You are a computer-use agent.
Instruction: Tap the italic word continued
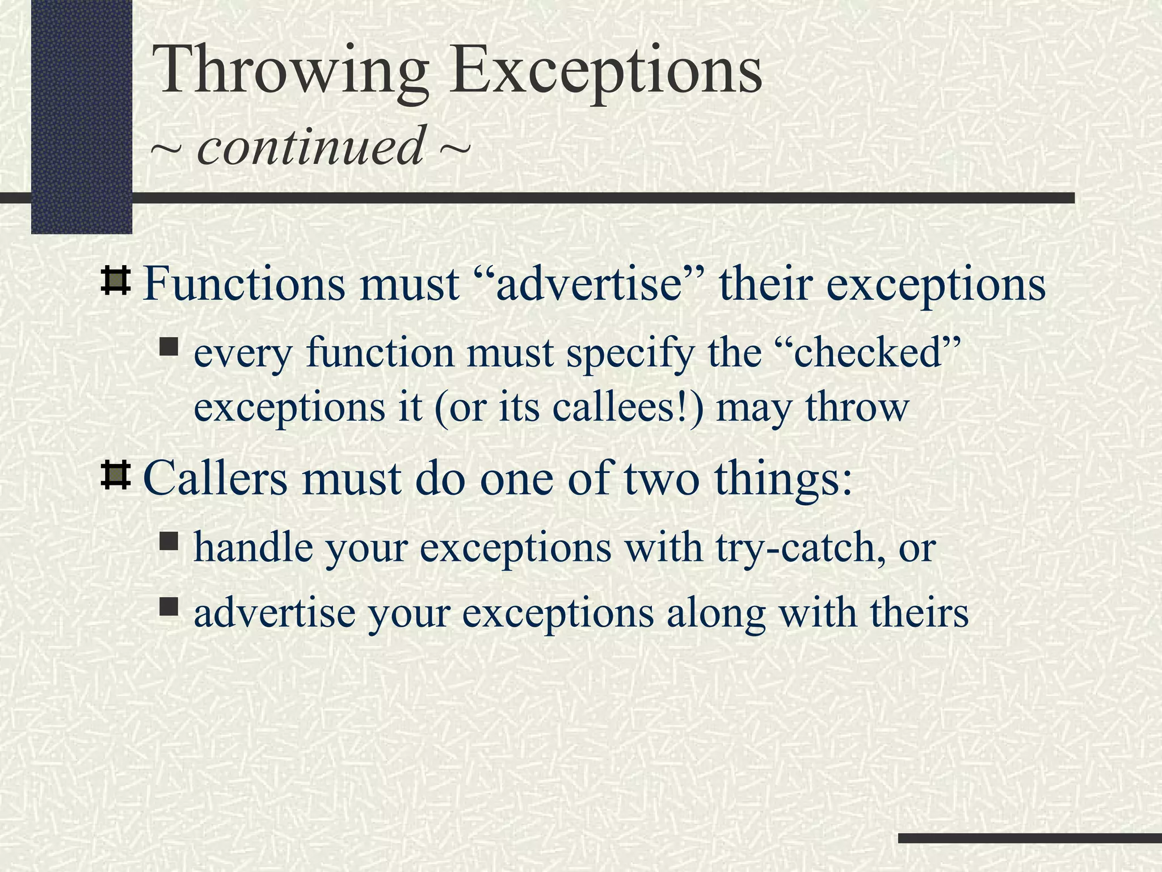click(310, 146)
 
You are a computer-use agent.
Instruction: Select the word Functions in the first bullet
click(244, 284)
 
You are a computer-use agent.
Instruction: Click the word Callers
click(216, 478)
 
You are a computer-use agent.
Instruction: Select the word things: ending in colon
click(783, 478)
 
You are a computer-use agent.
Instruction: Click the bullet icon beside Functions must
click(116, 282)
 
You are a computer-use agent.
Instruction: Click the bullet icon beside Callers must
click(116, 476)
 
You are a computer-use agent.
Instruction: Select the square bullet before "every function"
click(169, 347)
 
